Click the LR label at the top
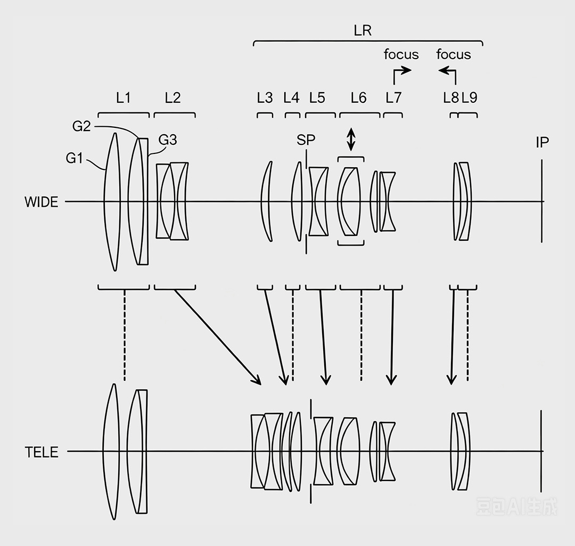tap(363, 30)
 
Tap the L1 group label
tap(123, 98)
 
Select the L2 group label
tap(172, 98)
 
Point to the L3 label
tap(265, 98)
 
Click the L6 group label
tap(358, 98)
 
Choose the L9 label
tap(470, 97)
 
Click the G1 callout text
tap(75, 158)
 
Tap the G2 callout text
tap(81, 126)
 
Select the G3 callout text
tap(168, 140)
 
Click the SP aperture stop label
tap(306, 140)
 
